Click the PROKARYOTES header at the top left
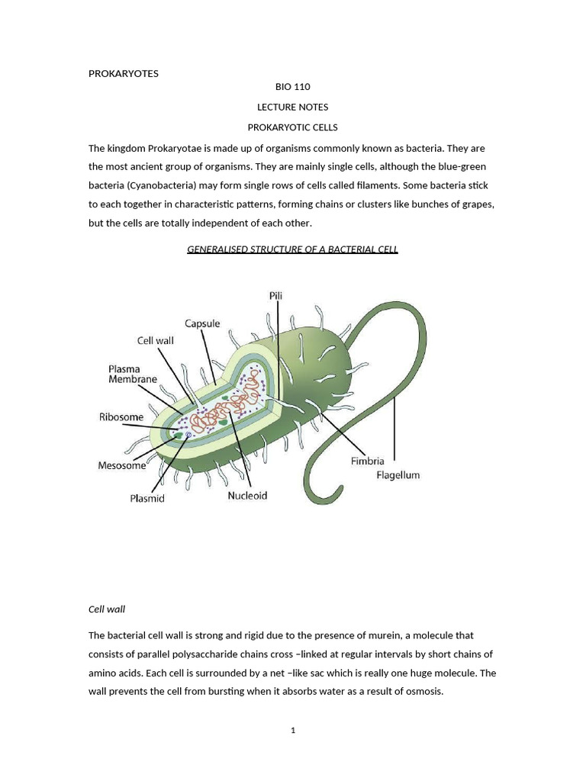click(x=123, y=73)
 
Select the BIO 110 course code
click(x=292, y=87)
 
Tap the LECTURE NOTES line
click(x=292, y=107)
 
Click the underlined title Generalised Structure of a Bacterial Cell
click(x=292, y=249)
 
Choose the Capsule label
click(x=202, y=323)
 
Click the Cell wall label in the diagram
click(x=156, y=341)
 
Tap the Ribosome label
click(x=121, y=417)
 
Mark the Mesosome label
click(x=122, y=465)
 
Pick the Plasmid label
click(x=147, y=499)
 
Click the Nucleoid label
click(x=247, y=496)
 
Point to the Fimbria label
click(x=367, y=461)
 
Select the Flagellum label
click(x=398, y=475)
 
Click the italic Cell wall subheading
click(x=107, y=609)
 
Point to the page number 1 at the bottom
click(x=292, y=731)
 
